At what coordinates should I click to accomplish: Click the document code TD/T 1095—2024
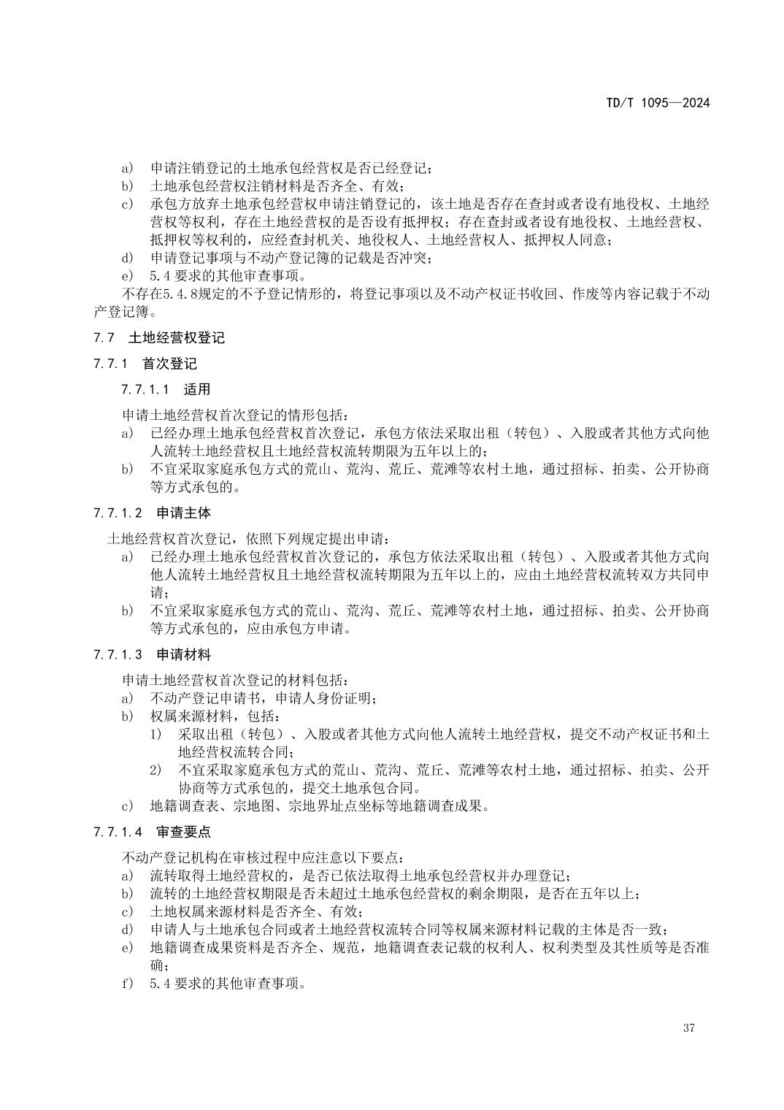[x=657, y=103]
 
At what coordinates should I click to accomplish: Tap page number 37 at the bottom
[x=688, y=1028]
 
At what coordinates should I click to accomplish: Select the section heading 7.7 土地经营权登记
[x=158, y=338]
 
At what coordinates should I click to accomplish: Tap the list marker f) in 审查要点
[x=128, y=983]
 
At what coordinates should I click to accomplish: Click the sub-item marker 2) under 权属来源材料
[x=155, y=770]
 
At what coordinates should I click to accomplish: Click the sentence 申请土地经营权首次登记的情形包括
[x=235, y=415]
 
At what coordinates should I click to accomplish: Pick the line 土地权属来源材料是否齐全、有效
[x=255, y=911]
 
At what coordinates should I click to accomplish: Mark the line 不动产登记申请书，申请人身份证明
[x=263, y=698]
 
